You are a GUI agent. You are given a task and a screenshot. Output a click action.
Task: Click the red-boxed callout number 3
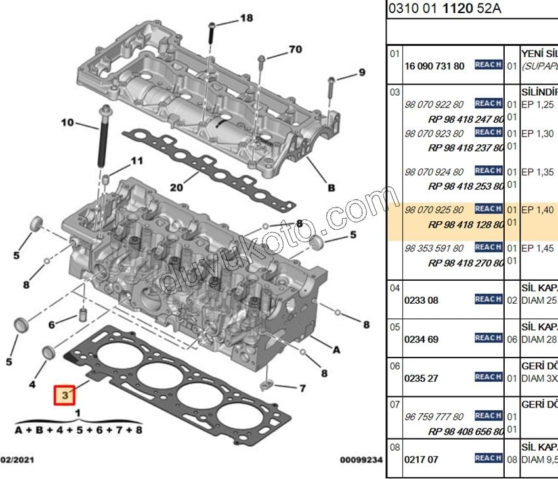click(x=65, y=396)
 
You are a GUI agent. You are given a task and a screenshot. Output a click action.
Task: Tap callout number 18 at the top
click(x=246, y=18)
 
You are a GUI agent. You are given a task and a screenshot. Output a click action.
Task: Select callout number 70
click(x=295, y=49)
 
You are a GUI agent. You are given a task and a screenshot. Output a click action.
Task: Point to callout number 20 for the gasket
click(x=176, y=187)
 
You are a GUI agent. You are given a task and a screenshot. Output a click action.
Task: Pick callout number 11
click(x=136, y=161)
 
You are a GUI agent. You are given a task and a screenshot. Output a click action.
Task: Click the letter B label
click(x=332, y=188)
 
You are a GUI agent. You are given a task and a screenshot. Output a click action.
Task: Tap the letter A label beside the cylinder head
click(x=336, y=350)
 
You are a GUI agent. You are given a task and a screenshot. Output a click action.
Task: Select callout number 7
click(x=302, y=388)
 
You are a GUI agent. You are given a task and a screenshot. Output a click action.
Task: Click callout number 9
click(x=361, y=72)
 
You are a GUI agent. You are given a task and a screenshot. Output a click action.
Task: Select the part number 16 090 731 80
click(x=435, y=66)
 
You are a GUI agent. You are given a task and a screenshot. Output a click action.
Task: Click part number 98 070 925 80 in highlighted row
click(x=434, y=210)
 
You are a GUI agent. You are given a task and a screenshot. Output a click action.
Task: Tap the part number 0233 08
click(x=421, y=301)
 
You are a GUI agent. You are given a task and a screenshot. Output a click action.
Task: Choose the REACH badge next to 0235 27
click(x=488, y=377)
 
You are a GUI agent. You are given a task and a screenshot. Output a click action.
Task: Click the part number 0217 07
click(x=421, y=459)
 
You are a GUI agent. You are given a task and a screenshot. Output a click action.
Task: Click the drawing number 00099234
click(x=361, y=461)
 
